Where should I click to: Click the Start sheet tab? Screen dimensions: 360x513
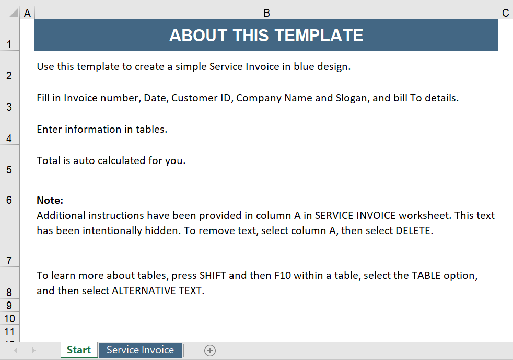coord(79,350)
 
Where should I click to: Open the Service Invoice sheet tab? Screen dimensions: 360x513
coord(140,350)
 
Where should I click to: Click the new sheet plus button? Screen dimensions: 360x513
coord(210,351)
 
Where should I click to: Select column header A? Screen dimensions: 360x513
coord(27,13)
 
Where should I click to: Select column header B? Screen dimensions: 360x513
coord(266,13)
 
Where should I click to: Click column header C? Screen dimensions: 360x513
coord(505,13)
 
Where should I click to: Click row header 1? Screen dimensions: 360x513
coord(9,44)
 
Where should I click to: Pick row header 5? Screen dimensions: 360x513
coord(9,170)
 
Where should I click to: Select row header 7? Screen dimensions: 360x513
coord(9,261)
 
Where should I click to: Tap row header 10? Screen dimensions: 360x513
coord(9,319)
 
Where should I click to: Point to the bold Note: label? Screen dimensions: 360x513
coord(50,200)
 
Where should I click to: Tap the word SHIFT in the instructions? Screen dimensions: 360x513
coord(213,275)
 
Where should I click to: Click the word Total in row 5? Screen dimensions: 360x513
coord(49,161)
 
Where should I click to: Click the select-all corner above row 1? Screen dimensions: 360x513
coord(9,13)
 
